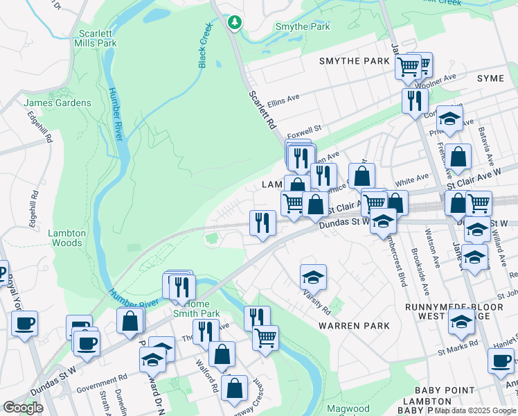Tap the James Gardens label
[x=57, y=103]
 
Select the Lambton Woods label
[x=66, y=238]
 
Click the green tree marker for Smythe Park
[x=235, y=23]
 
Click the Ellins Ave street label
[x=283, y=99]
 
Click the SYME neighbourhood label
[x=491, y=78]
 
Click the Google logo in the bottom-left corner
[x=23, y=408]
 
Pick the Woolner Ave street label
[x=441, y=80]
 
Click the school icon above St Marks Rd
[x=461, y=320]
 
